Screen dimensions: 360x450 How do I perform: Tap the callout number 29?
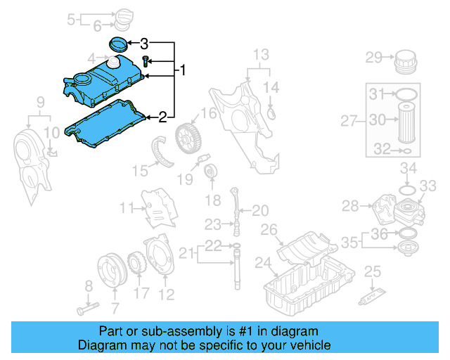click(x=373, y=57)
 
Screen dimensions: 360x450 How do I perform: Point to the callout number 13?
click(x=261, y=54)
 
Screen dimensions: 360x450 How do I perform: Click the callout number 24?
click(x=262, y=264)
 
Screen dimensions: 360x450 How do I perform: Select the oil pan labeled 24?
click(x=306, y=281)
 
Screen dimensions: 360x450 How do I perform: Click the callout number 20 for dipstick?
click(x=259, y=210)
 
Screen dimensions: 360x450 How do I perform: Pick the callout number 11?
click(x=127, y=207)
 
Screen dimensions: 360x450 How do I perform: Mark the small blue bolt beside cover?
click(x=146, y=62)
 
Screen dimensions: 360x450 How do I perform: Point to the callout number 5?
click(x=71, y=19)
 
